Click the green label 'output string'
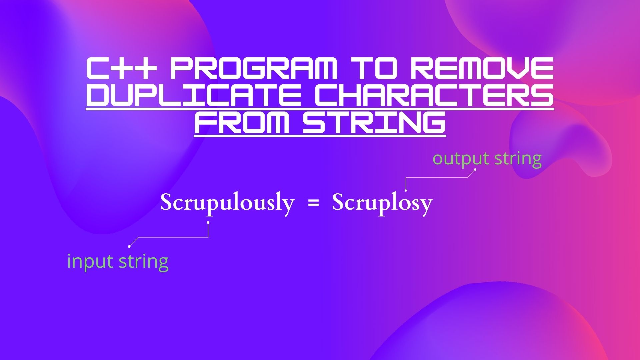coord(487,159)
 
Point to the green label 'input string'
coord(118,261)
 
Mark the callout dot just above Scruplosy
coord(406,190)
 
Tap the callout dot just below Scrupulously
coord(208,222)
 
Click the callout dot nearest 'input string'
coord(129,246)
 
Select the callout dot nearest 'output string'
coord(475,169)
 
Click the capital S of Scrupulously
coord(166,202)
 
